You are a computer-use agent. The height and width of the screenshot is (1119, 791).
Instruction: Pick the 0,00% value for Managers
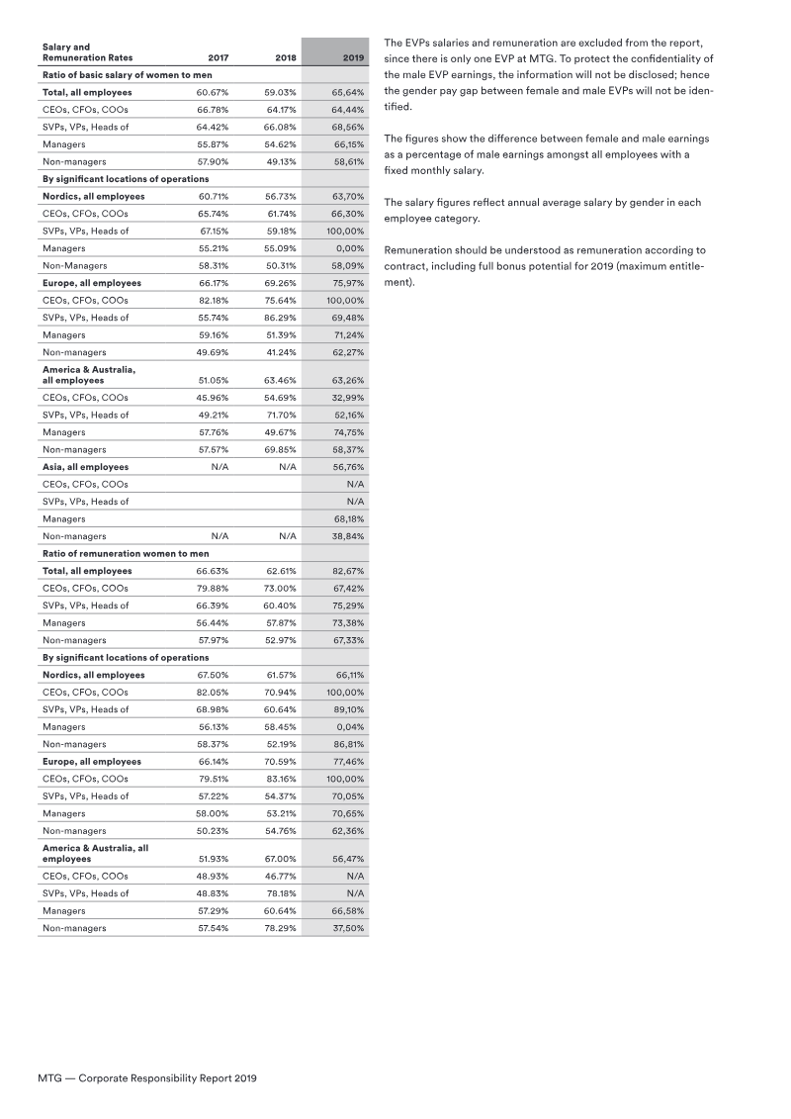pos(350,248)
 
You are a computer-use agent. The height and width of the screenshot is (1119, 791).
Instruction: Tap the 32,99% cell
pos(348,397)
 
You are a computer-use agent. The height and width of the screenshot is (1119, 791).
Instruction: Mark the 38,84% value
pos(348,536)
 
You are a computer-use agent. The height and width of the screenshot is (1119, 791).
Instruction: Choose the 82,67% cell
pos(348,571)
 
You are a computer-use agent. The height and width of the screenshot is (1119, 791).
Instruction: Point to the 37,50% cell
pos(348,928)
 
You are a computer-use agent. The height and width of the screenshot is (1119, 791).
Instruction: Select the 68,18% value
pos(348,518)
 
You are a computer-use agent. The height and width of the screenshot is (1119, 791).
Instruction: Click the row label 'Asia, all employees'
pos(85,466)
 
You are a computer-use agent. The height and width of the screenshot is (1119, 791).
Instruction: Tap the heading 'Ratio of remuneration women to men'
pos(125,553)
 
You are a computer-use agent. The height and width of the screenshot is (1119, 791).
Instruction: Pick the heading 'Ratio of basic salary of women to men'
pos(129,75)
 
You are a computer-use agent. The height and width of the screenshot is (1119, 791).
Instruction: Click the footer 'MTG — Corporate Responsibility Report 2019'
pos(146,1077)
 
